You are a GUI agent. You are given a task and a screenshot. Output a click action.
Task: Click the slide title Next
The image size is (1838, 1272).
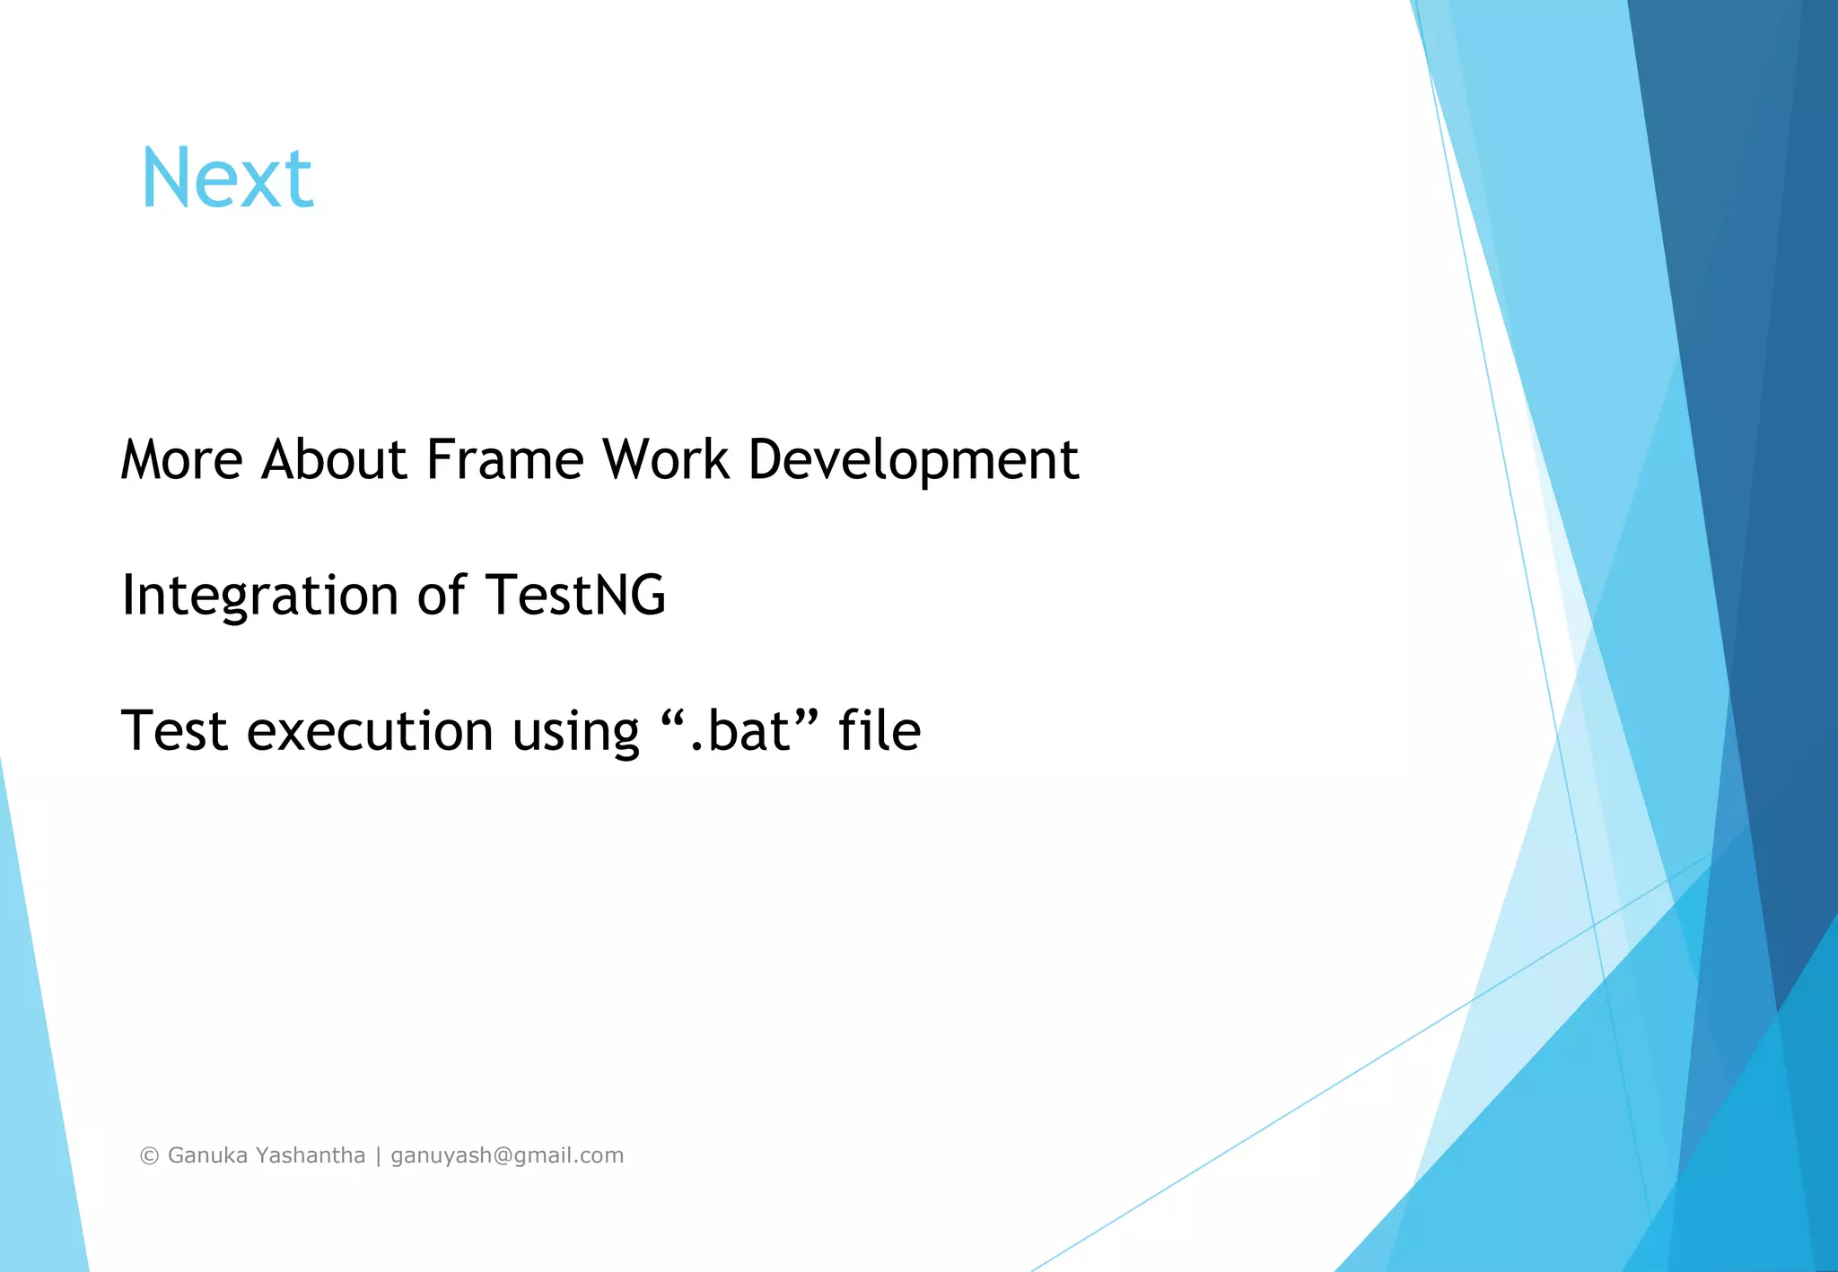tap(227, 179)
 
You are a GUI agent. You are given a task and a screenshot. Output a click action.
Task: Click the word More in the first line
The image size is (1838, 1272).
tap(182, 460)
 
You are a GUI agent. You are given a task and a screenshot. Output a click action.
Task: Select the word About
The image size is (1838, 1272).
tap(335, 460)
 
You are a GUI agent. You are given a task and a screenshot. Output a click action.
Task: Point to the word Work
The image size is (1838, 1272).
tap(665, 460)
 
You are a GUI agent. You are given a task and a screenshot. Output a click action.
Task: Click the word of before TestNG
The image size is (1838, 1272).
tap(442, 595)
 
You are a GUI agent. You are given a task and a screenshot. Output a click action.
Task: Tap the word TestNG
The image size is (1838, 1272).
tap(575, 595)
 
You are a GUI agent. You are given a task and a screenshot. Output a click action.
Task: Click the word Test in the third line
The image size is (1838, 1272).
tap(174, 730)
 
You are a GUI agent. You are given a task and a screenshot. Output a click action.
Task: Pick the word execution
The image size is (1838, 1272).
tap(370, 730)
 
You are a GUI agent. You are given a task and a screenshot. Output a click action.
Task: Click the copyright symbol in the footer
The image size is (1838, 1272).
tap(150, 1156)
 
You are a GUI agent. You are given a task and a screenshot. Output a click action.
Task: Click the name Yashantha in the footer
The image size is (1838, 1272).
tap(311, 1155)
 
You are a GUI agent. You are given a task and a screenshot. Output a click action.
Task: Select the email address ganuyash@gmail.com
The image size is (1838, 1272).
tap(507, 1156)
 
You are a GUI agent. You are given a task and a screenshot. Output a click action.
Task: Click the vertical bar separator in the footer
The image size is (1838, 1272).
tap(379, 1156)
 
